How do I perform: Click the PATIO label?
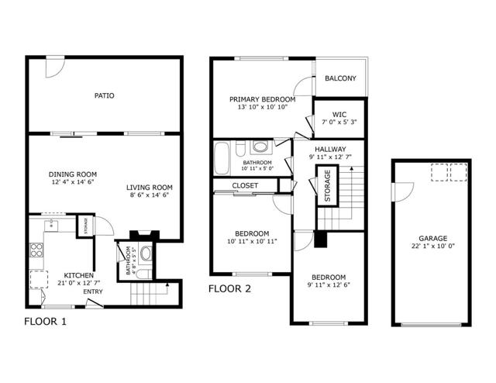(x=105, y=95)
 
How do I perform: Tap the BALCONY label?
(x=340, y=78)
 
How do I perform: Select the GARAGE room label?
(x=433, y=238)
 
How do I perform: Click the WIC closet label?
(x=339, y=114)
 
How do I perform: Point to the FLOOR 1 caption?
(x=46, y=322)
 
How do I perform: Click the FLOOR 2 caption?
(x=229, y=288)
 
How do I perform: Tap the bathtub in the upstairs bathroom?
(x=222, y=158)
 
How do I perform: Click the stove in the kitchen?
(x=36, y=250)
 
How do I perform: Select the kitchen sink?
(x=51, y=226)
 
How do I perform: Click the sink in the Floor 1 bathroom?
(x=146, y=254)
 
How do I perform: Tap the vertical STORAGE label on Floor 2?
(x=327, y=186)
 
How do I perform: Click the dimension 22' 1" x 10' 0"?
(x=433, y=246)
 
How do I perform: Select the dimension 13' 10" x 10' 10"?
(x=263, y=107)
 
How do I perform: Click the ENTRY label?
(x=93, y=292)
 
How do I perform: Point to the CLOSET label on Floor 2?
(x=245, y=185)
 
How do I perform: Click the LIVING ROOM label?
(x=150, y=188)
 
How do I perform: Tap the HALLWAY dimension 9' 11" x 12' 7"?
(x=330, y=157)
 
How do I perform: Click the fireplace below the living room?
(x=145, y=235)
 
